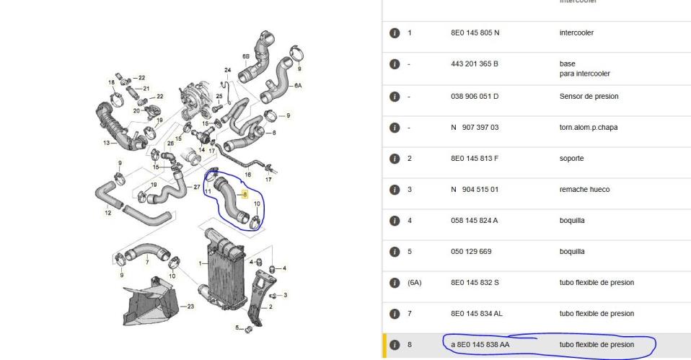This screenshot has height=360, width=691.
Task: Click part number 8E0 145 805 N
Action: point(475,32)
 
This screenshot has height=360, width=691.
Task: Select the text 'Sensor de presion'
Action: point(589,97)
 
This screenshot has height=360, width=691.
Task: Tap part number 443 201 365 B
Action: point(474,64)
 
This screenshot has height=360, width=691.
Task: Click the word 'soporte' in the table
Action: point(571,159)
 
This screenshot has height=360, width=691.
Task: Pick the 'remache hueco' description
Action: point(585,190)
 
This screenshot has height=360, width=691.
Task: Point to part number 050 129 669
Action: point(471,252)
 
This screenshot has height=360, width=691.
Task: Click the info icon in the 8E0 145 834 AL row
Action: point(395,314)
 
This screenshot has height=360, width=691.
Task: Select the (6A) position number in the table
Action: point(414,283)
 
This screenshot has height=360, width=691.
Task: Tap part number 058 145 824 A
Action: point(474,221)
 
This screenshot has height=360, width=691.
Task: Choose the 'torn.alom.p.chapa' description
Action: point(589,128)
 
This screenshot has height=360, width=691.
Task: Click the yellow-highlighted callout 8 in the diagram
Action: point(245,194)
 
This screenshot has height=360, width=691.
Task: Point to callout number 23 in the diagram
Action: point(190,306)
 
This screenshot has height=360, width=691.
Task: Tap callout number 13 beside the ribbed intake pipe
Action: point(106,143)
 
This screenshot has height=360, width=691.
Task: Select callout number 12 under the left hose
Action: point(107,213)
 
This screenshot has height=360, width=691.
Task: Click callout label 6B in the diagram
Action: point(246,56)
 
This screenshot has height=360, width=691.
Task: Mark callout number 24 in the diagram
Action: point(227,70)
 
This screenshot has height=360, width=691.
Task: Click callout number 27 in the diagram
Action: point(196,188)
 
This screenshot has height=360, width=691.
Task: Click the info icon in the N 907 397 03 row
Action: point(395,128)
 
